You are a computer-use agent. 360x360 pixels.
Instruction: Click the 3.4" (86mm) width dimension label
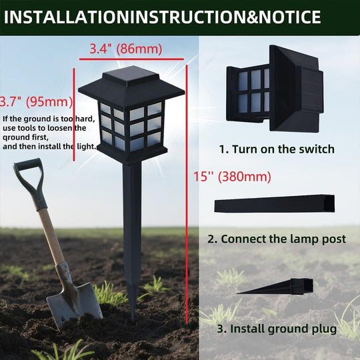click(x=125, y=49)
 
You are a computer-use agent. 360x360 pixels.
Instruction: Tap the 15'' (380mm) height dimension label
click(x=232, y=177)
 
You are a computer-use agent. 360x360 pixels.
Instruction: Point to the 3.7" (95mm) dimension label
click(x=36, y=102)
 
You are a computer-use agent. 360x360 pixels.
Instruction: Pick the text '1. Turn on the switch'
click(x=277, y=149)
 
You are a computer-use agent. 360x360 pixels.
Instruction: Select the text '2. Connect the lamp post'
click(x=277, y=239)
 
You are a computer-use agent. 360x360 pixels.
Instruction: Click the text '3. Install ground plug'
click(x=277, y=329)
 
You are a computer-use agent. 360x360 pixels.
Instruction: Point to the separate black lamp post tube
click(x=275, y=203)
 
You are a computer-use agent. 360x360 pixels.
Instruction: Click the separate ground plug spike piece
click(x=275, y=287)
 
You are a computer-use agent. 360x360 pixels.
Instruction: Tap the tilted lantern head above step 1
click(x=275, y=89)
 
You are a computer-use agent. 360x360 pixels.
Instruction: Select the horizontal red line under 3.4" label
click(x=131, y=59)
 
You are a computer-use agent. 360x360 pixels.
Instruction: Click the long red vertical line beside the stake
click(x=187, y=194)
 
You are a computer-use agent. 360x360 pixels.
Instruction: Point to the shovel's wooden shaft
click(x=51, y=237)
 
